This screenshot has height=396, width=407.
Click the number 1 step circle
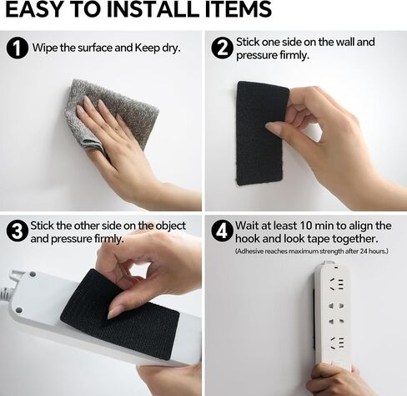point(18,48)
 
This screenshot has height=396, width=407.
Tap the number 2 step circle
point(222,48)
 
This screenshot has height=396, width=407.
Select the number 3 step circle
point(18,231)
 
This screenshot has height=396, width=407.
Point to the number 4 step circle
point(222,231)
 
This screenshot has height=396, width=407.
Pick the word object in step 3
point(170,226)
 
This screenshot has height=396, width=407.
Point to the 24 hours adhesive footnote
point(311,251)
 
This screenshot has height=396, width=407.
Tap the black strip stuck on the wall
point(260,134)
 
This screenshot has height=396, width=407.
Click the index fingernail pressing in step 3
point(113,313)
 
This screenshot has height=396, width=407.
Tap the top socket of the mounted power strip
point(336,284)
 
